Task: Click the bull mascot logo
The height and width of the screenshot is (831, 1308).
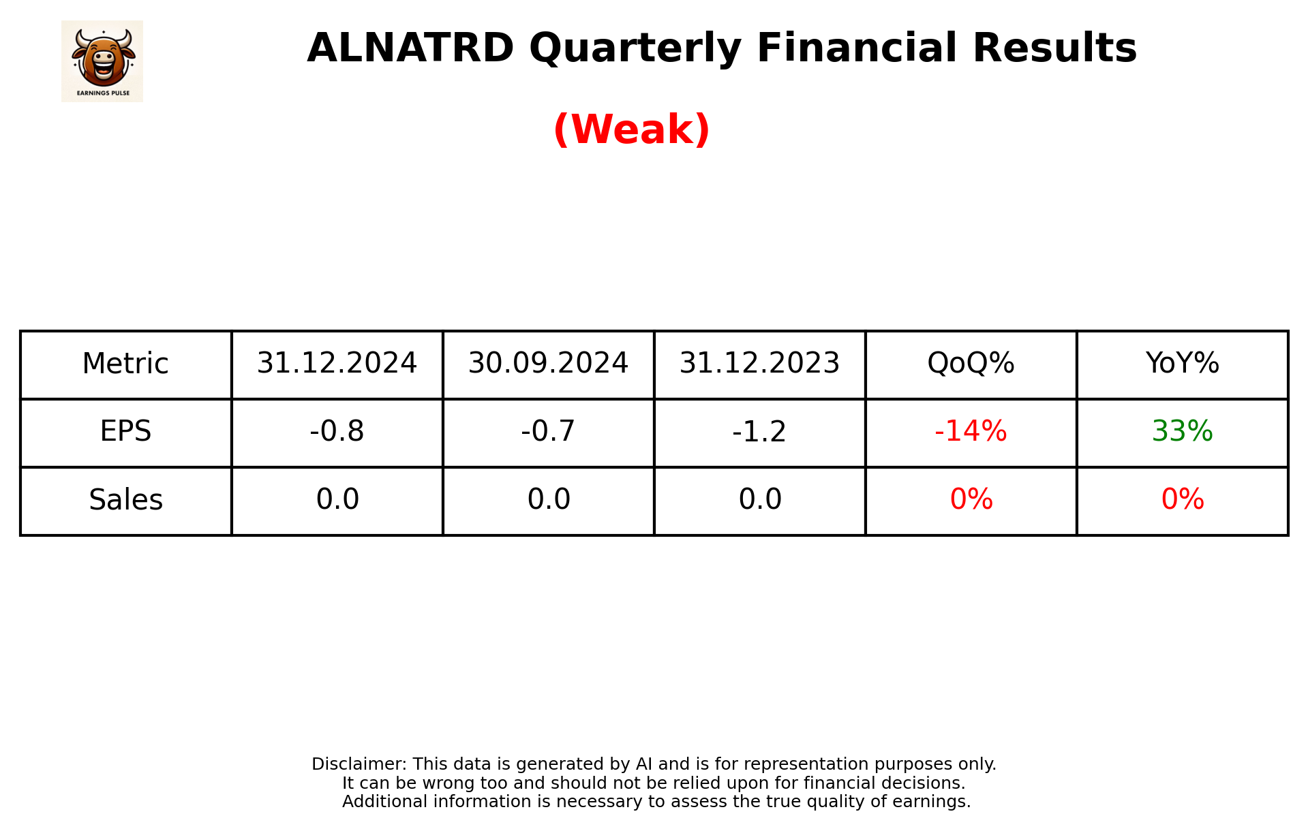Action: pyautogui.click(x=102, y=61)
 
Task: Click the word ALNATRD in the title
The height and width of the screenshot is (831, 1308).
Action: pyautogui.click(x=410, y=48)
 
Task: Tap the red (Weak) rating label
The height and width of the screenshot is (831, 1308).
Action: pyautogui.click(x=631, y=129)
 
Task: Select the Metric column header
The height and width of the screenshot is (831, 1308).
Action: pyautogui.click(x=125, y=364)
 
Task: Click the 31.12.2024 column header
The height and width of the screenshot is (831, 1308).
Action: pyautogui.click(x=337, y=364)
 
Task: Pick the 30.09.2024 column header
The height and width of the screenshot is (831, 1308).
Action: pyautogui.click(x=548, y=364)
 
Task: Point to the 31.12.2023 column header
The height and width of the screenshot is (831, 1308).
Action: pyautogui.click(x=759, y=364)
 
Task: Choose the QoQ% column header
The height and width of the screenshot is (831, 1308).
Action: pyautogui.click(x=971, y=364)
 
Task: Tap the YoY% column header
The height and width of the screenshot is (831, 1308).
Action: pyautogui.click(x=1182, y=364)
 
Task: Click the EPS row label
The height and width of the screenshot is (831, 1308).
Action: pyautogui.click(x=125, y=432)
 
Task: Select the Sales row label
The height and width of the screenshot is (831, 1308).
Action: pyautogui.click(x=125, y=500)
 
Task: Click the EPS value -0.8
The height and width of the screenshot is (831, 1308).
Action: pyautogui.click(x=337, y=432)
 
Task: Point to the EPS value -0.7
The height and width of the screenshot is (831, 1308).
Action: pyautogui.click(x=548, y=432)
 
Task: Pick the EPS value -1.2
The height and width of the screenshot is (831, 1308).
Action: pyautogui.click(x=759, y=432)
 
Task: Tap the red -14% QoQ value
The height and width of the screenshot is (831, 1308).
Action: pyautogui.click(x=971, y=432)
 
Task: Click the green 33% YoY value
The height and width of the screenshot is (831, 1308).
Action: pyautogui.click(x=1182, y=432)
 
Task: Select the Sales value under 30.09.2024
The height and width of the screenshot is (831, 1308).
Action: pyautogui.click(x=548, y=500)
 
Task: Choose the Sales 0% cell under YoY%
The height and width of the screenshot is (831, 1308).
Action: pyautogui.click(x=1182, y=500)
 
